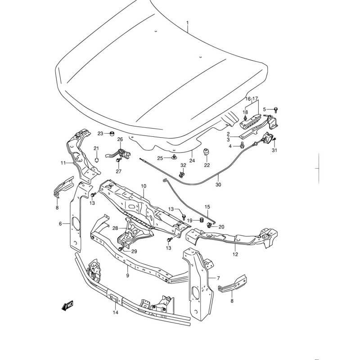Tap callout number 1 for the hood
pos(187,23)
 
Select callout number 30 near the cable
pos(218,184)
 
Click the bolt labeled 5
pos(276,110)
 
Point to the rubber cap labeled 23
pos(112,133)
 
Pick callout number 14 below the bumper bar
pos(115,312)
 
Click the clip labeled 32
pos(182,175)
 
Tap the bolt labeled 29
pos(121,249)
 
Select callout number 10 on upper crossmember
pos(144,186)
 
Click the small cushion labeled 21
pos(97,159)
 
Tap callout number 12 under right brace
pos(235,254)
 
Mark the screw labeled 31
pos(274,139)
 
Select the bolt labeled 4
pos(242,145)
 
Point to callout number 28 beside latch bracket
pos(115,228)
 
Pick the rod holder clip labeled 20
pos(209,226)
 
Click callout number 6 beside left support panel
pos(60,223)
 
